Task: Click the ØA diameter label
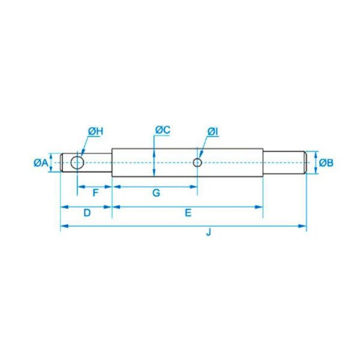point(41,163)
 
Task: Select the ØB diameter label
point(326,163)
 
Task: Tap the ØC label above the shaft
point(163,130)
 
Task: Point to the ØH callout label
point(96,131)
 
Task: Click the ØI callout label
point(212,131)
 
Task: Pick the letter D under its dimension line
point(87,213)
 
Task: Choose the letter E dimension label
point(188,213)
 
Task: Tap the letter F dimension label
point(95,193)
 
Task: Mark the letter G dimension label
point(156,193)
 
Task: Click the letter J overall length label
point(208,232)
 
